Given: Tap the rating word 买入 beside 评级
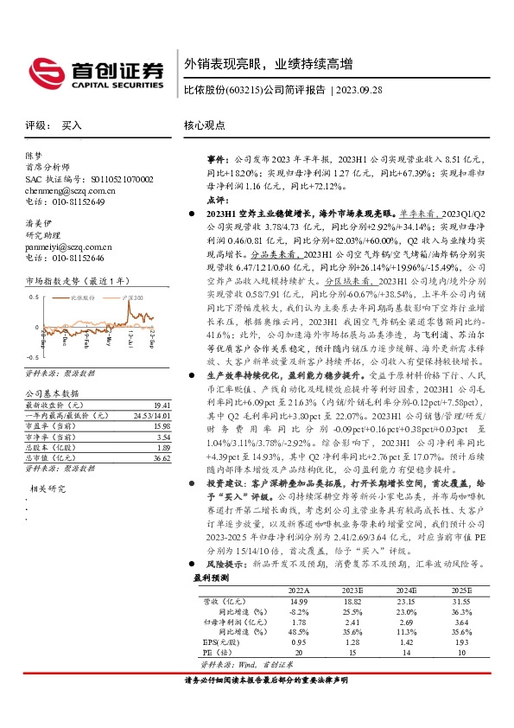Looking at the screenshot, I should coord(72,125).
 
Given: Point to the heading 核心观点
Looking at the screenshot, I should coord(205,125).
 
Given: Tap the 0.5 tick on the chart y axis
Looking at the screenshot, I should coord(35,295).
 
